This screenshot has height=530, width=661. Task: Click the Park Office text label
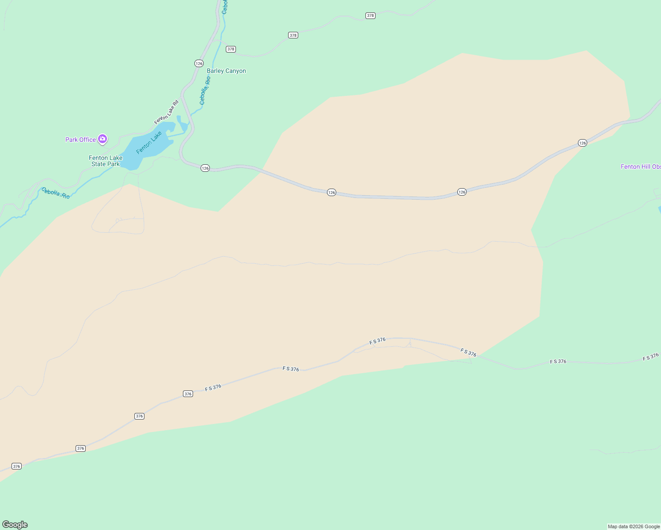tap(80, 140)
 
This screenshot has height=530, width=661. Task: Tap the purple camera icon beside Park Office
tap(103, 139)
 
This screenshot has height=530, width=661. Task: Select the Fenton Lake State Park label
tap(106, 161)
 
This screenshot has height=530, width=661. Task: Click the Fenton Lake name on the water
tap(149, 143)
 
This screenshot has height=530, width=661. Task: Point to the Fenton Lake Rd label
tap(166, 112)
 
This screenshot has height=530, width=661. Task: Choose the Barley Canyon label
tap(226, 71)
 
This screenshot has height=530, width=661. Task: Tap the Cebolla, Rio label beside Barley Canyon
tap(205, 91)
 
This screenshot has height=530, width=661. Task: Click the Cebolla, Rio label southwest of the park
tap(56, 193)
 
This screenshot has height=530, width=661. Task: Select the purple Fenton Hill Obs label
tap(640, 167)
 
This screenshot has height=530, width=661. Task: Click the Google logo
tap(15, 525)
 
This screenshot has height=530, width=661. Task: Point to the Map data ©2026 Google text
tap(634, 526)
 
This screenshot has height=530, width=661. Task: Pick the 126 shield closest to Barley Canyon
tap(199, 64)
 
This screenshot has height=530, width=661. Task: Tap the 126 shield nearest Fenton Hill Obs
tap(582, 143)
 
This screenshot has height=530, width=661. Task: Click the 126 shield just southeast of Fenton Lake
tap(205, 168)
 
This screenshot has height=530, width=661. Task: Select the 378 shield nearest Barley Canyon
tap(231, 49)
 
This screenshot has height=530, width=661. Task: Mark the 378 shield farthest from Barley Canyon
tap(370, 15)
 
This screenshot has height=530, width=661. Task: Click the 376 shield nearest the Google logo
tap(16, 466)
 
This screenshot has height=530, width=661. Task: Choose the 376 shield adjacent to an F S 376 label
tap(188, 394)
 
